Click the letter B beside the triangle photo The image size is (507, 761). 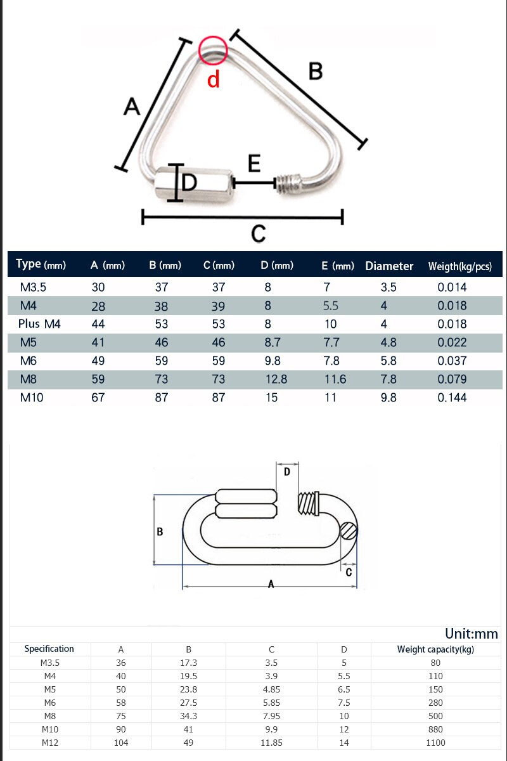coord(315,72)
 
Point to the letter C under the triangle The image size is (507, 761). coord(258,234)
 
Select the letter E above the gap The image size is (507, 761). coord(254,164)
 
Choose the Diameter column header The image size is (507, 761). coord(389,266)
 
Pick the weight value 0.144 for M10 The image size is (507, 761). coord(452,398)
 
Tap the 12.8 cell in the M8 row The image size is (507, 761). coord(276,379)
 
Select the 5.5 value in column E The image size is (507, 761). coord(330,306)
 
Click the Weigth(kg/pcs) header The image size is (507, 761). coord(459,266)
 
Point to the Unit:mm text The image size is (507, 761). coord(471,634)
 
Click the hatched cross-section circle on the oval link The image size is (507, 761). coord(348,530)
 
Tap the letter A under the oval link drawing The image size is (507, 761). coord(271,584)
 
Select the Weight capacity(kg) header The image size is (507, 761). coord(435,649)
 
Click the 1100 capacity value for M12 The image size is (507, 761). coord(435,743)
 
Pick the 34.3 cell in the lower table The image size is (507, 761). coord(188,716)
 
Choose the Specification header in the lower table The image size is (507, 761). coord(49,649)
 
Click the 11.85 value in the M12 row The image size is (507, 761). coord(271,743)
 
